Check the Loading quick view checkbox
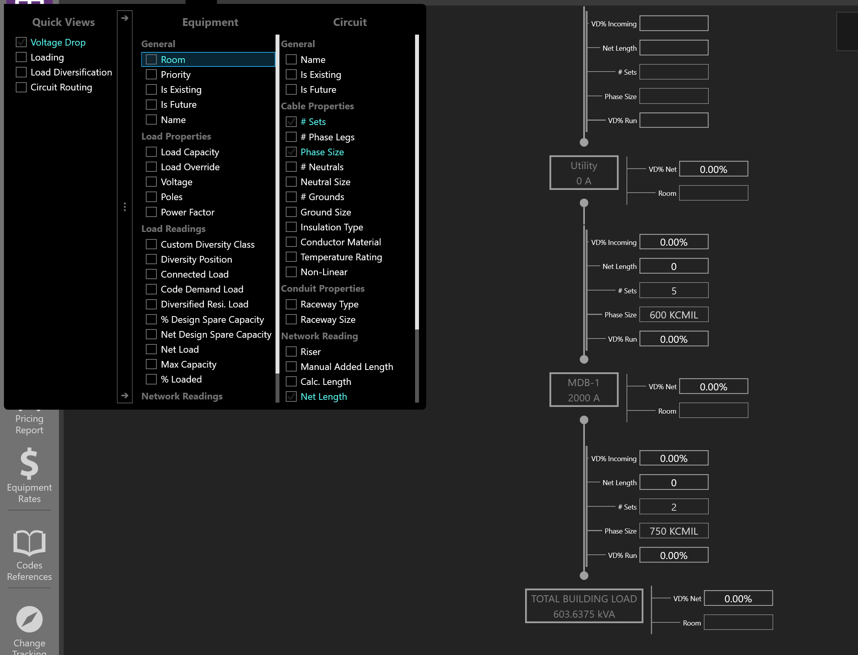[21, 57]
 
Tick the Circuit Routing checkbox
[21, 87]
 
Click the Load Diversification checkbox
[21, 72]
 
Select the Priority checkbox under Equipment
[151, 75]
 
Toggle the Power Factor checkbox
[151, 212]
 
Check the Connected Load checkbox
[151, 274]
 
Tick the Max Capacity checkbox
[151, 364]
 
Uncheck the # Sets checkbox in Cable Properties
[291, 122]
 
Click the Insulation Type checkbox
[291, 227]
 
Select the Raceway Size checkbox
[291, 320]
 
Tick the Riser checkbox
[291, 352]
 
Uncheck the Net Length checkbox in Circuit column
[291, 397]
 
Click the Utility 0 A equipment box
[584, 173]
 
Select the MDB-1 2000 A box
[584, 390]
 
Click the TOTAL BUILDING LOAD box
[584, 606]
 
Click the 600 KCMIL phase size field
[674, 315]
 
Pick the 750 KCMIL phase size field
[674, 531]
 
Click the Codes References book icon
[29, 543]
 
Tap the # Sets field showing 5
[674, 291]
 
